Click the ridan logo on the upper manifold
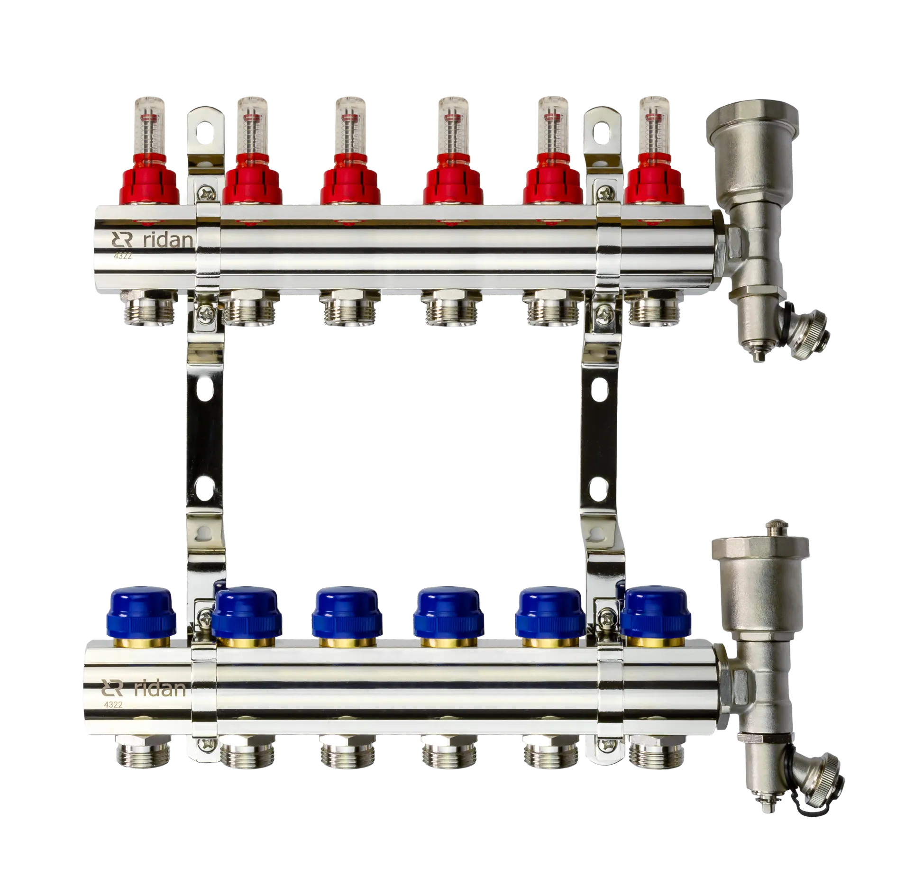tap(152, 240)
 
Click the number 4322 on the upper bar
tap(122, 256)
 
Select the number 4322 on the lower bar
tap(113, 704)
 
